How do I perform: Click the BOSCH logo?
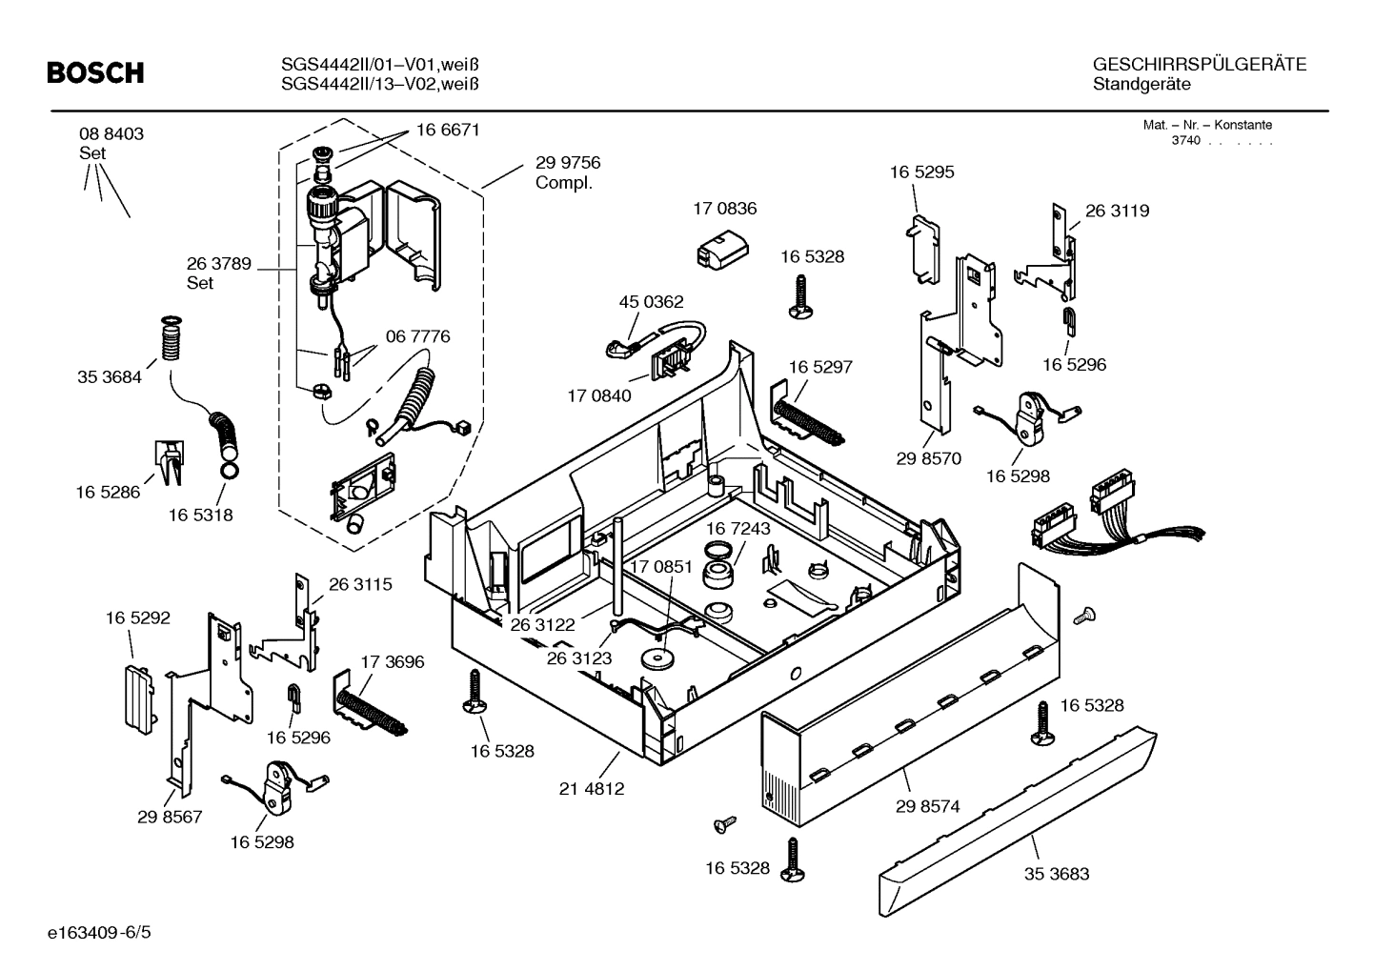[95, 72]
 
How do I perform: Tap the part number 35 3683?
[1056, 874]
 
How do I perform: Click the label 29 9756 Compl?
[567, 172]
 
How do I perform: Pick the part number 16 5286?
[108, 492]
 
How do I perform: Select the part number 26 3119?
[1117, 211]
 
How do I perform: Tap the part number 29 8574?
[927, 806]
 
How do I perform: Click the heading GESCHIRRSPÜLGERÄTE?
[1199, 65]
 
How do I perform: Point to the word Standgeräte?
[1142, 85]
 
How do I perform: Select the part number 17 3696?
[392, 661]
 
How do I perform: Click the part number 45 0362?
[651, 302]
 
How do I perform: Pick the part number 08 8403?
[111, 134]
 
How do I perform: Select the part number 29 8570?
[928, 458]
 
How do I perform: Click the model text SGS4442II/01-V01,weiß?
[379, 65]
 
